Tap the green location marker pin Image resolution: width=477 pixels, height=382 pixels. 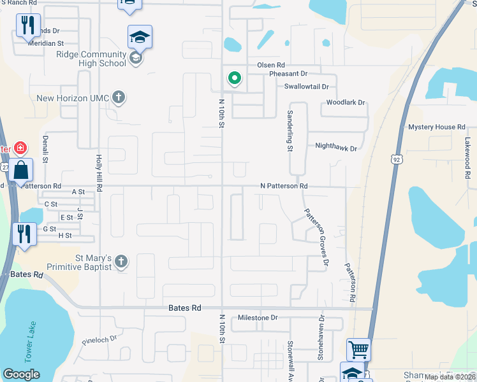coord(235,78)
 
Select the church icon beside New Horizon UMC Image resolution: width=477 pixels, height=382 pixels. coord(118,97)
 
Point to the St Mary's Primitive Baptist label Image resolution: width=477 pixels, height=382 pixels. coord(75,262)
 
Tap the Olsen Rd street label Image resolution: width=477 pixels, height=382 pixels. coord(271,65)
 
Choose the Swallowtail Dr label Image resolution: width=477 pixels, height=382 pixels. coord(306,86)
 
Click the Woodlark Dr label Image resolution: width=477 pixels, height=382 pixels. coord(345,103)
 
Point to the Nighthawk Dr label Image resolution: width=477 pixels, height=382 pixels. coord(336,146)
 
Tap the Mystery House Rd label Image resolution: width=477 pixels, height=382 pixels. coord(437,127)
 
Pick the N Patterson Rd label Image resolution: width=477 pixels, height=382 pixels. coord(284,186)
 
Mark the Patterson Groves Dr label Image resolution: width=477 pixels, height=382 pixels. coord(316,237)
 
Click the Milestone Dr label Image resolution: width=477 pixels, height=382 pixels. coord(258,317)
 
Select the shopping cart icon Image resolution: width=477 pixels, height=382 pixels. coord(358,349)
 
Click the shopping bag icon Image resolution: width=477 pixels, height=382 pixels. coord(21,171)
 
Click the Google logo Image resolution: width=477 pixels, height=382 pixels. coord(22,374)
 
